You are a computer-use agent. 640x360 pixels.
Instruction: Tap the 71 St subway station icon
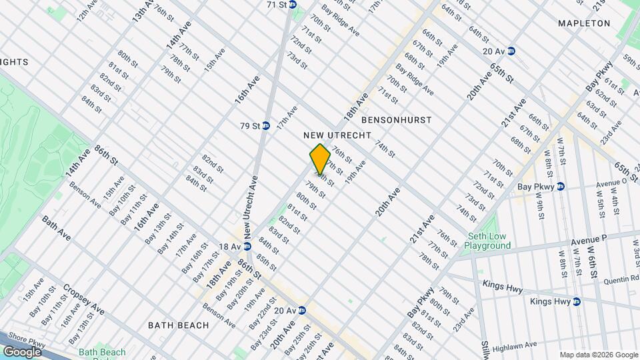click(293, 5)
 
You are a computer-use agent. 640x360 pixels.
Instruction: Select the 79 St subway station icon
click(266, 125)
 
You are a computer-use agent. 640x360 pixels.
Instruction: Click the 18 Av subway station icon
click(247, 246)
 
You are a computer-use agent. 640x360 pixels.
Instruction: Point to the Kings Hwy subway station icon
click(577, 301)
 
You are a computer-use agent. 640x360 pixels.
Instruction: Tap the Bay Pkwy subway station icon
click(561, 187)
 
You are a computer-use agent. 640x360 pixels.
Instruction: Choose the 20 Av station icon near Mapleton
click(511, 51)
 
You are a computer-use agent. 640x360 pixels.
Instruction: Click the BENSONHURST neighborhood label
click(396, 120)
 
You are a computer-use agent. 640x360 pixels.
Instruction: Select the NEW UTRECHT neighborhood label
click(337, 135)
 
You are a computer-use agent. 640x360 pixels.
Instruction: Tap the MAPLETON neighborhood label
click(585, 23)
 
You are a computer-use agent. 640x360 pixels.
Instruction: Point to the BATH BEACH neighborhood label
click(179, 325)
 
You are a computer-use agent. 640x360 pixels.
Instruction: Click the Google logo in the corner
click(23, 351)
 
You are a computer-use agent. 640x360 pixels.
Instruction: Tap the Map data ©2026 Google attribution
click(599, 355)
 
